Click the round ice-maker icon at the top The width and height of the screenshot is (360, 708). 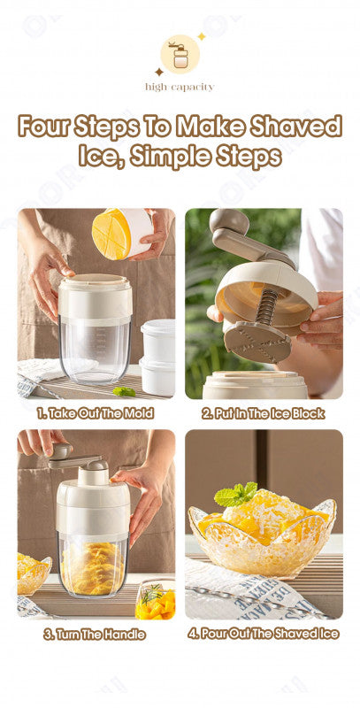click(x=180, y=54)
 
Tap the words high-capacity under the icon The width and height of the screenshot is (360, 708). click(x=180, y=87)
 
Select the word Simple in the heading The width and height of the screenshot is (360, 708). click(x=172, y=157)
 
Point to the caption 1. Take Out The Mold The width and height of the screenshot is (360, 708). click(x=96, y=412)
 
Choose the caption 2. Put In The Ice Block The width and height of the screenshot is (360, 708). click(x=264, y=413)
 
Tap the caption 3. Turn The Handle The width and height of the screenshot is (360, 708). click(x=95, y=635)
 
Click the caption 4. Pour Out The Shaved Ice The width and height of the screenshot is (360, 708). click(x=264, y=634)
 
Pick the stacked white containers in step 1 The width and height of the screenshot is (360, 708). click(x=158, y=358)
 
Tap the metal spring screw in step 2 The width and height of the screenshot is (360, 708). click(x=266, y=307)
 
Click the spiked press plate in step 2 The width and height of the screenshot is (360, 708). click(x=257, y=341)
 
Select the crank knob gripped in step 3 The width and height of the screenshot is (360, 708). click(x=61, y=451)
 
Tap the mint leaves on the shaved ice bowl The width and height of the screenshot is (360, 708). click(x=235, y=494)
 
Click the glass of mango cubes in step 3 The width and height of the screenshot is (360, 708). click(x=155, y=599)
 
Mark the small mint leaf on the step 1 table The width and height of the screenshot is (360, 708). click(x=124, y=391)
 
